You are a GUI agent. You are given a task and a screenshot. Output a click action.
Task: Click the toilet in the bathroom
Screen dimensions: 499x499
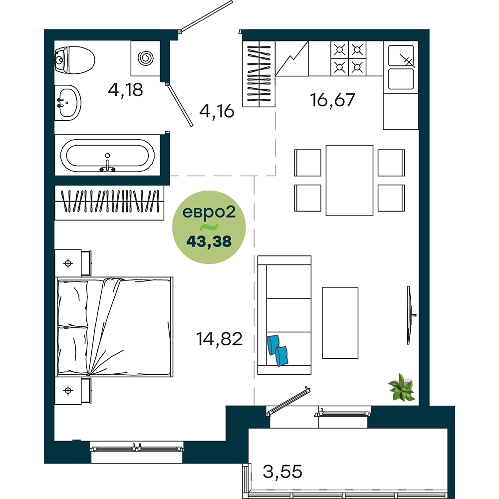point(75,60)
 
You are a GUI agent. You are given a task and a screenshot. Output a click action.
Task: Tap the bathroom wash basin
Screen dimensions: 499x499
point(67,102)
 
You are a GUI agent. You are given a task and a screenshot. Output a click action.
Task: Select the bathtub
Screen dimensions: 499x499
point(107,155)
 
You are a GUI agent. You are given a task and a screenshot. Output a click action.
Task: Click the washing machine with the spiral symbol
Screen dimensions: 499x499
point(145,58)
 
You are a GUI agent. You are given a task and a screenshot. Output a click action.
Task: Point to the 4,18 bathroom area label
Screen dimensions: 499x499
point(125,90)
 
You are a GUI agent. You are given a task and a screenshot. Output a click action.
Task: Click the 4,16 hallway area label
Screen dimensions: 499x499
point(217,111)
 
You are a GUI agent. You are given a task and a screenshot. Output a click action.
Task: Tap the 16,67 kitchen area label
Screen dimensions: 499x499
point(332,100)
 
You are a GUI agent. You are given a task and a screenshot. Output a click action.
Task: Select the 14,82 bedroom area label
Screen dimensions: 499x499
point(219,339)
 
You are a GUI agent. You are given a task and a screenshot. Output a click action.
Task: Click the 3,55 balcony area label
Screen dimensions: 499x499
point(282,472)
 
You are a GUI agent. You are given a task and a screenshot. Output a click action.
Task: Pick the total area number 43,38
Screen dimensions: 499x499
point(209,242)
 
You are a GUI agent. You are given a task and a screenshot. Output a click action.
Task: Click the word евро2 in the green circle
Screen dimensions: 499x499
point(209,212)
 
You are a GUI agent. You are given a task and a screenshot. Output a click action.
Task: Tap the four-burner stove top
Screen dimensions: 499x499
point(348,58)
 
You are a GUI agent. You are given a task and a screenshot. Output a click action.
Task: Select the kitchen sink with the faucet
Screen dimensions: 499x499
point(401,67)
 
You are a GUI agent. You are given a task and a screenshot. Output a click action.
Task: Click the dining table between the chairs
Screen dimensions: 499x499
point(349,181)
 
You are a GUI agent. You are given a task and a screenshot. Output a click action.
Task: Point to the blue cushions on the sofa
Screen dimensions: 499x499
point(278,350)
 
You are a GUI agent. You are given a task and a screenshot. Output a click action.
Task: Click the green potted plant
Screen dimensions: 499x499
point(402,387)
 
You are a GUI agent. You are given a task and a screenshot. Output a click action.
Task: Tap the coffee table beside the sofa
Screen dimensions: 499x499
point(340,323)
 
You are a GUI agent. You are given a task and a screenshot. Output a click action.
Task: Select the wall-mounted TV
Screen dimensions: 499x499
point(410,315)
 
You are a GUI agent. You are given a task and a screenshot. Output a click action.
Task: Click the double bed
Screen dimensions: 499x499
point(115,327)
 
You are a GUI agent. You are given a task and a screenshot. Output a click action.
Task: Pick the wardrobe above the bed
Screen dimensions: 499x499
point(109,203)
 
